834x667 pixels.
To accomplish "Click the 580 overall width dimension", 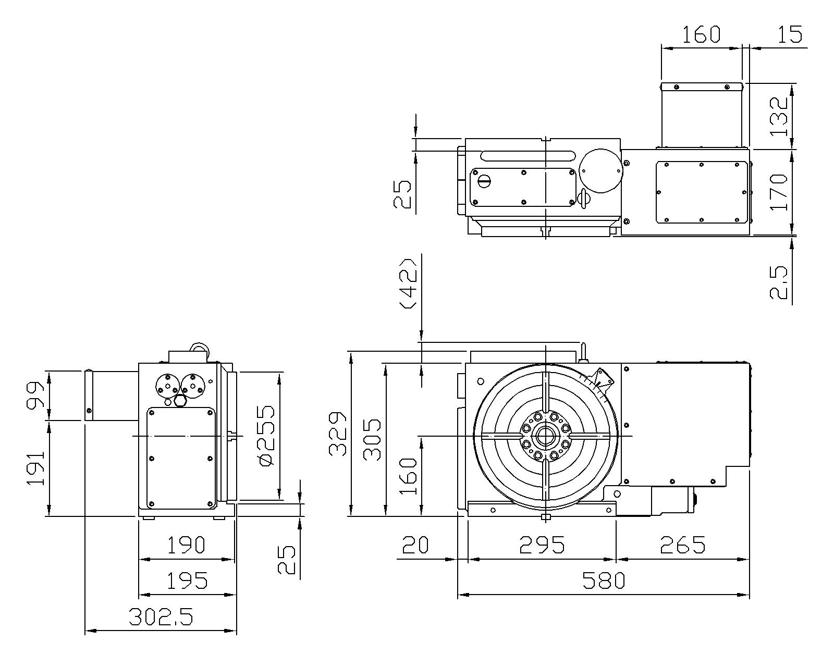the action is tap(604, 580).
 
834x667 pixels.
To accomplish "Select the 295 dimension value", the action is tap(542, 545).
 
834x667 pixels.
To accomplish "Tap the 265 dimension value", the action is tap(682, 545).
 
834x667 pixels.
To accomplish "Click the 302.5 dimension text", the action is tap(161, 616).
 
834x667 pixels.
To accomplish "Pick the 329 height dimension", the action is tap(338, 434).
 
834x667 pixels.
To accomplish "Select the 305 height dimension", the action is tap(372, 439).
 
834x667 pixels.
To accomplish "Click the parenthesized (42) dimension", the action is tap(409, 283).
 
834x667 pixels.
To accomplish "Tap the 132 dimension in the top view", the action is tap(779, 116).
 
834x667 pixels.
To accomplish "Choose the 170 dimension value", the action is tap(779, 192).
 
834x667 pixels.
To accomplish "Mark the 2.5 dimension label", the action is tap(779, 282).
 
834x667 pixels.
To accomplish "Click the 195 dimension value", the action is tap(187, 580).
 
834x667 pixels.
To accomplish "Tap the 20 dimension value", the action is tap(415, 545).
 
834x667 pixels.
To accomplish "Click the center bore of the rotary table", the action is tap(545, 436).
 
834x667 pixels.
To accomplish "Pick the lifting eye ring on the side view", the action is tap(200, 349).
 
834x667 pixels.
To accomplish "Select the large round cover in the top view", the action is tap(600, 170).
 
